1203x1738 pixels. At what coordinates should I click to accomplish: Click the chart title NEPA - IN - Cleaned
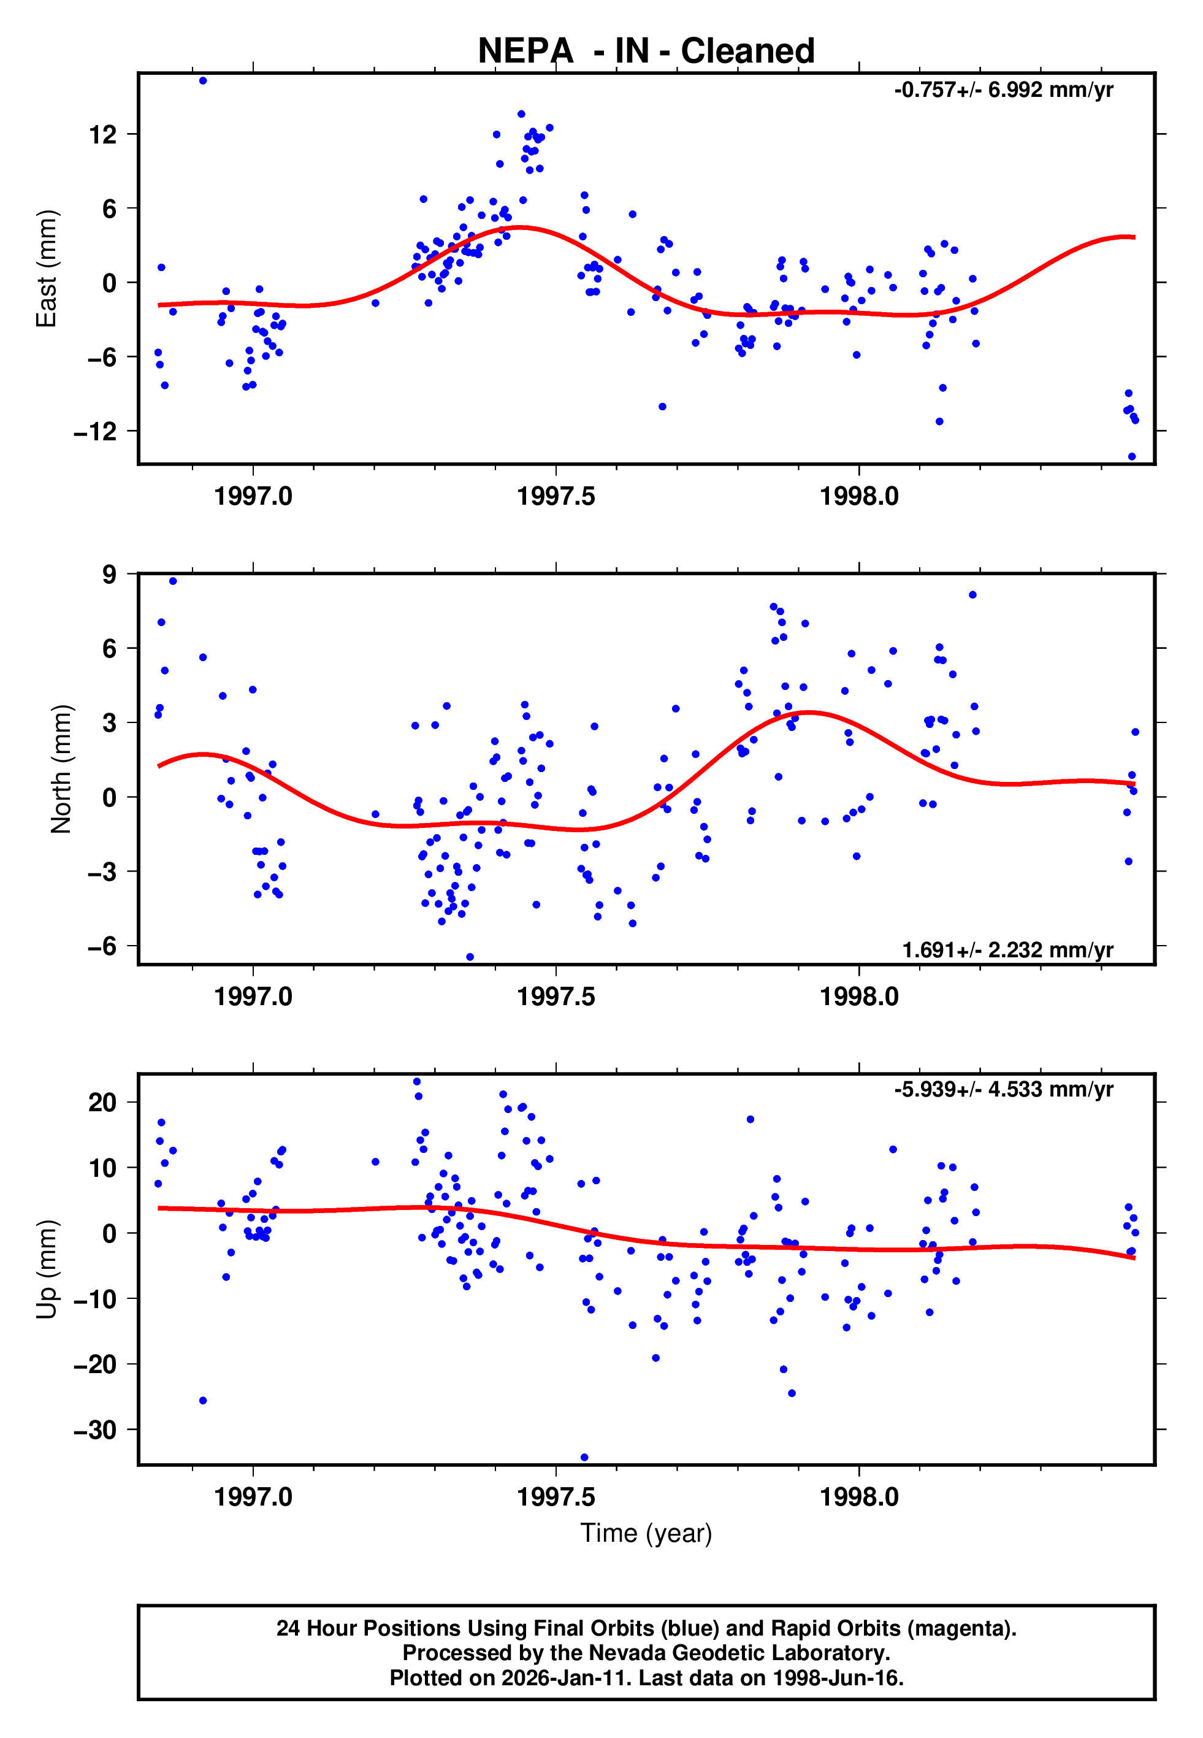pos(646,52)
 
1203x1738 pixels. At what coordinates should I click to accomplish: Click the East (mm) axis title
pos(47,269)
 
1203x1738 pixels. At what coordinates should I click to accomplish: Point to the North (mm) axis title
pos(60,769)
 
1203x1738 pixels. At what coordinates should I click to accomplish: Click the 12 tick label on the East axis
pos(103,135)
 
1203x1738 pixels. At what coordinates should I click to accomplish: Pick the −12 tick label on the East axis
pos(96,432)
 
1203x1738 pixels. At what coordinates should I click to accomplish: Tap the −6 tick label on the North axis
pos(102,946)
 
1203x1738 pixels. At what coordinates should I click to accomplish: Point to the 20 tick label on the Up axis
pos(102,1103)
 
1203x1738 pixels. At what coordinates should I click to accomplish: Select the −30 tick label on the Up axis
pos(96,1430)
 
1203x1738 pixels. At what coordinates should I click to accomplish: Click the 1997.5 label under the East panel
pos(556,497)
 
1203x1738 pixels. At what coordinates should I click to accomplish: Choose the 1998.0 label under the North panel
pos(859,997)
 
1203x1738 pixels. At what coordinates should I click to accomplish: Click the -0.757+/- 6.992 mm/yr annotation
pos(1003,90)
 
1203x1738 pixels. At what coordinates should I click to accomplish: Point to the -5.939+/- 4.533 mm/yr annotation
pos(1003,1089)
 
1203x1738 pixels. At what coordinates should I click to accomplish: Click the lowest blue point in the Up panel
pos(584,1457)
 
